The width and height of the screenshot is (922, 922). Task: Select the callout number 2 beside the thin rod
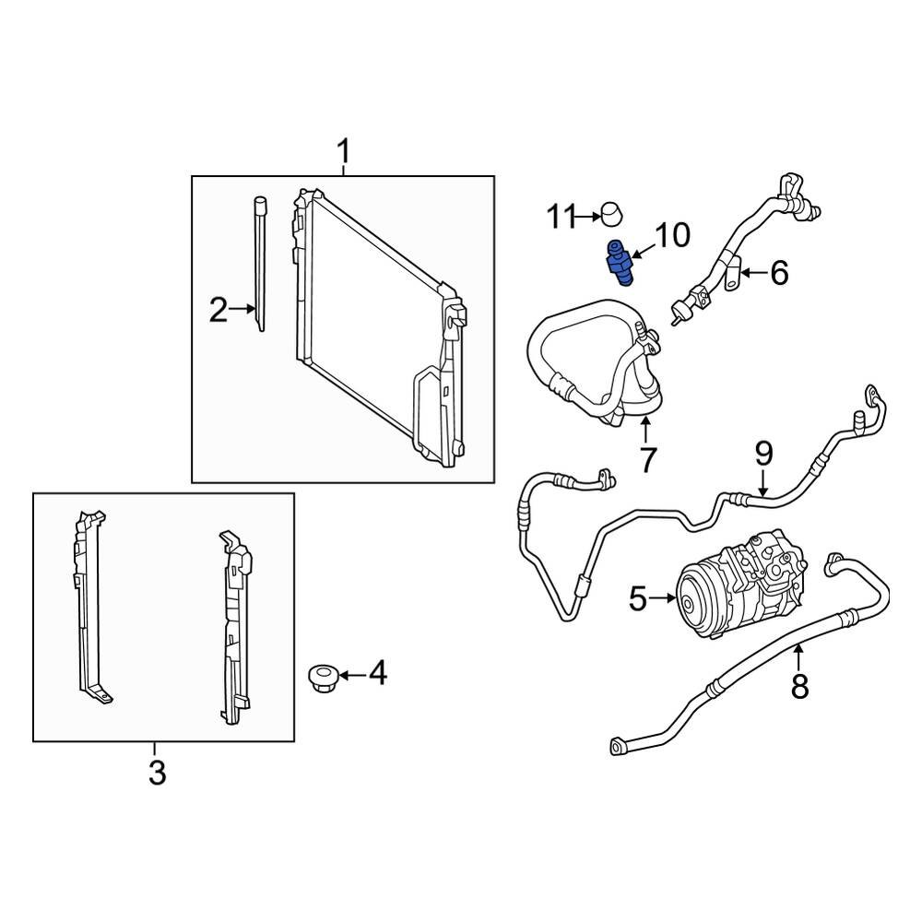point(218,311)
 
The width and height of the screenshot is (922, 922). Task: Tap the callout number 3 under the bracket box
point(157,773)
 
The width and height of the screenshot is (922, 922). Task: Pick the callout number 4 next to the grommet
point(377,675)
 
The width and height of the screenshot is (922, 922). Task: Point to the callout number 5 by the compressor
point(638,600)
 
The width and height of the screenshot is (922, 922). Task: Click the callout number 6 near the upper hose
point(779,273)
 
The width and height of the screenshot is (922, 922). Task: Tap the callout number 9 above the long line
point(763,454)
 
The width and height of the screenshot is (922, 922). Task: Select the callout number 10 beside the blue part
point(672,236)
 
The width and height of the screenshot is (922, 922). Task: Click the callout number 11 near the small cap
point(561,218)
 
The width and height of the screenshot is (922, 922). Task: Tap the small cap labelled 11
point(610,214)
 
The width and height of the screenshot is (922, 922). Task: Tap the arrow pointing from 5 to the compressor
point(664,600)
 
